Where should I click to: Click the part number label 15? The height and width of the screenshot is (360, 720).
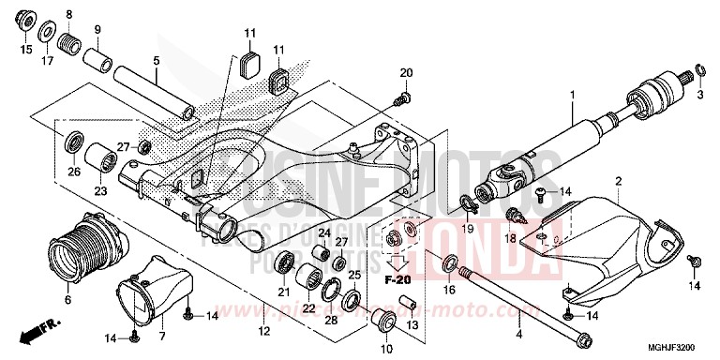26,49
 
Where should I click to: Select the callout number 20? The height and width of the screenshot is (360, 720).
406,73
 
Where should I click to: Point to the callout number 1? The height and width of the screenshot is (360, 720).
571,95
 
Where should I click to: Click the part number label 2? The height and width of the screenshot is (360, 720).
618,180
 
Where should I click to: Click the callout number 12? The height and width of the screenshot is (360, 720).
263,329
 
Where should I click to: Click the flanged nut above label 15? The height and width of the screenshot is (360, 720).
25,21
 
